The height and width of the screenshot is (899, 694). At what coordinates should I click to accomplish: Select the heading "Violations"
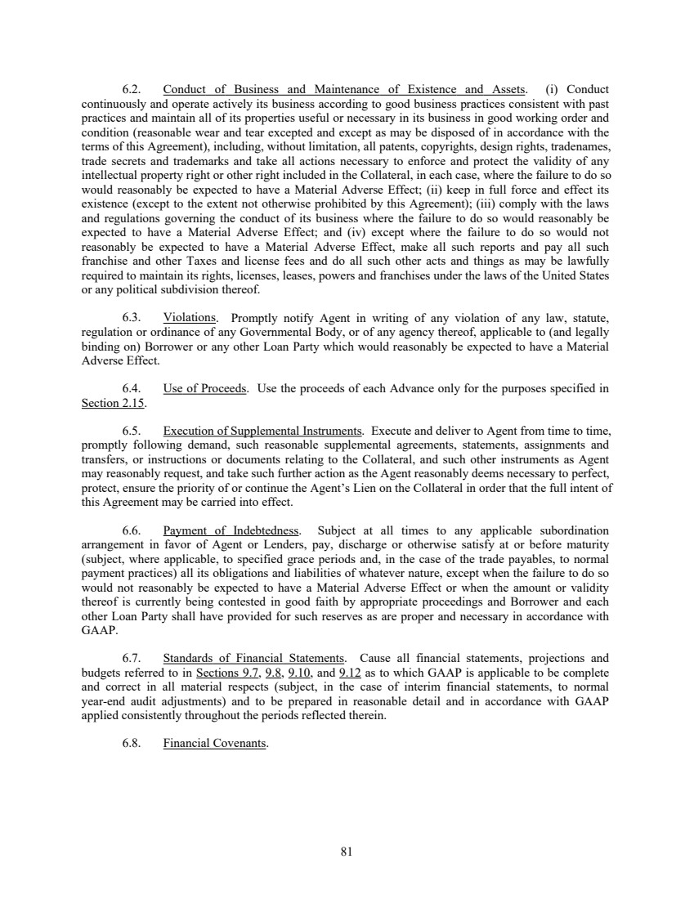[x=190, y=317]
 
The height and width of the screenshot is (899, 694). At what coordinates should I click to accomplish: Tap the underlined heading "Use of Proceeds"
[x=204, y=388]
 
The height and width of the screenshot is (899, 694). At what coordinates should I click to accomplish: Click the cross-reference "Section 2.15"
[x=112, y=403]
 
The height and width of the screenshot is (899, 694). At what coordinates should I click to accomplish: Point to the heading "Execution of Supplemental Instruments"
[x=262, y=431]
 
